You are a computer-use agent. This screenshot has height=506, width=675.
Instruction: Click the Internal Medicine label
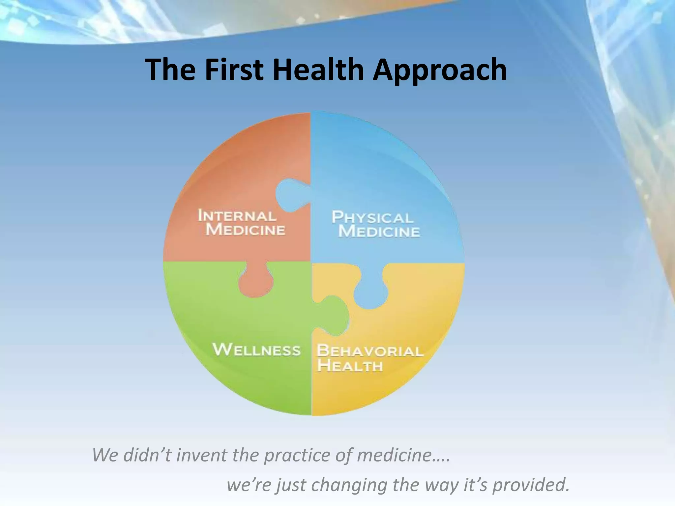coord(242,223)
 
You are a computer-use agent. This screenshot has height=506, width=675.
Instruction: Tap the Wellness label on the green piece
coord(256,350)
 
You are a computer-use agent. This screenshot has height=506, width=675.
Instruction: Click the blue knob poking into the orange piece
coord(292,194)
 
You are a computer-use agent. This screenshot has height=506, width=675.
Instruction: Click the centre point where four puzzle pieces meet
coord(311,263)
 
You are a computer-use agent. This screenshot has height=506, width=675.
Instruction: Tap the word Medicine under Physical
coord(379,231)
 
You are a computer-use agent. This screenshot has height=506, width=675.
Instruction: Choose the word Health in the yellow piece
coord(350,366)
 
